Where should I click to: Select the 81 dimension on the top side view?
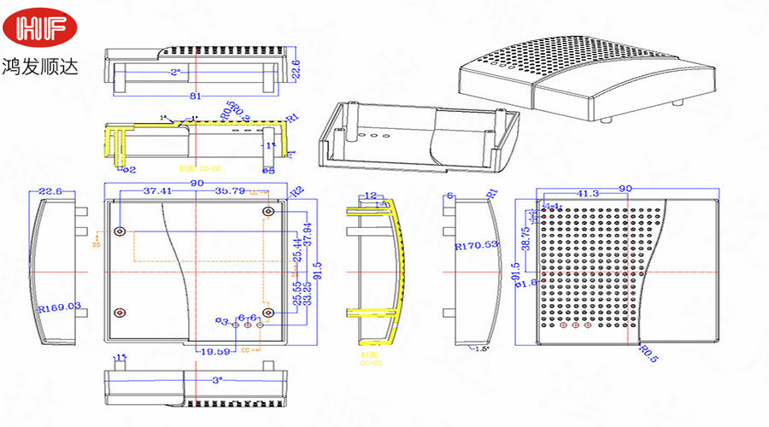(195, 95)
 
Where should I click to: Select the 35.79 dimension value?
(231, 191)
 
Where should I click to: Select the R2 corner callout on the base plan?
(297, 191)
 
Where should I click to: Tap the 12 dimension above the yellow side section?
(370, 196)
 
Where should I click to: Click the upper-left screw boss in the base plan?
(120, 231)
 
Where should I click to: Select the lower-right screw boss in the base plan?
(268, 313)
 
